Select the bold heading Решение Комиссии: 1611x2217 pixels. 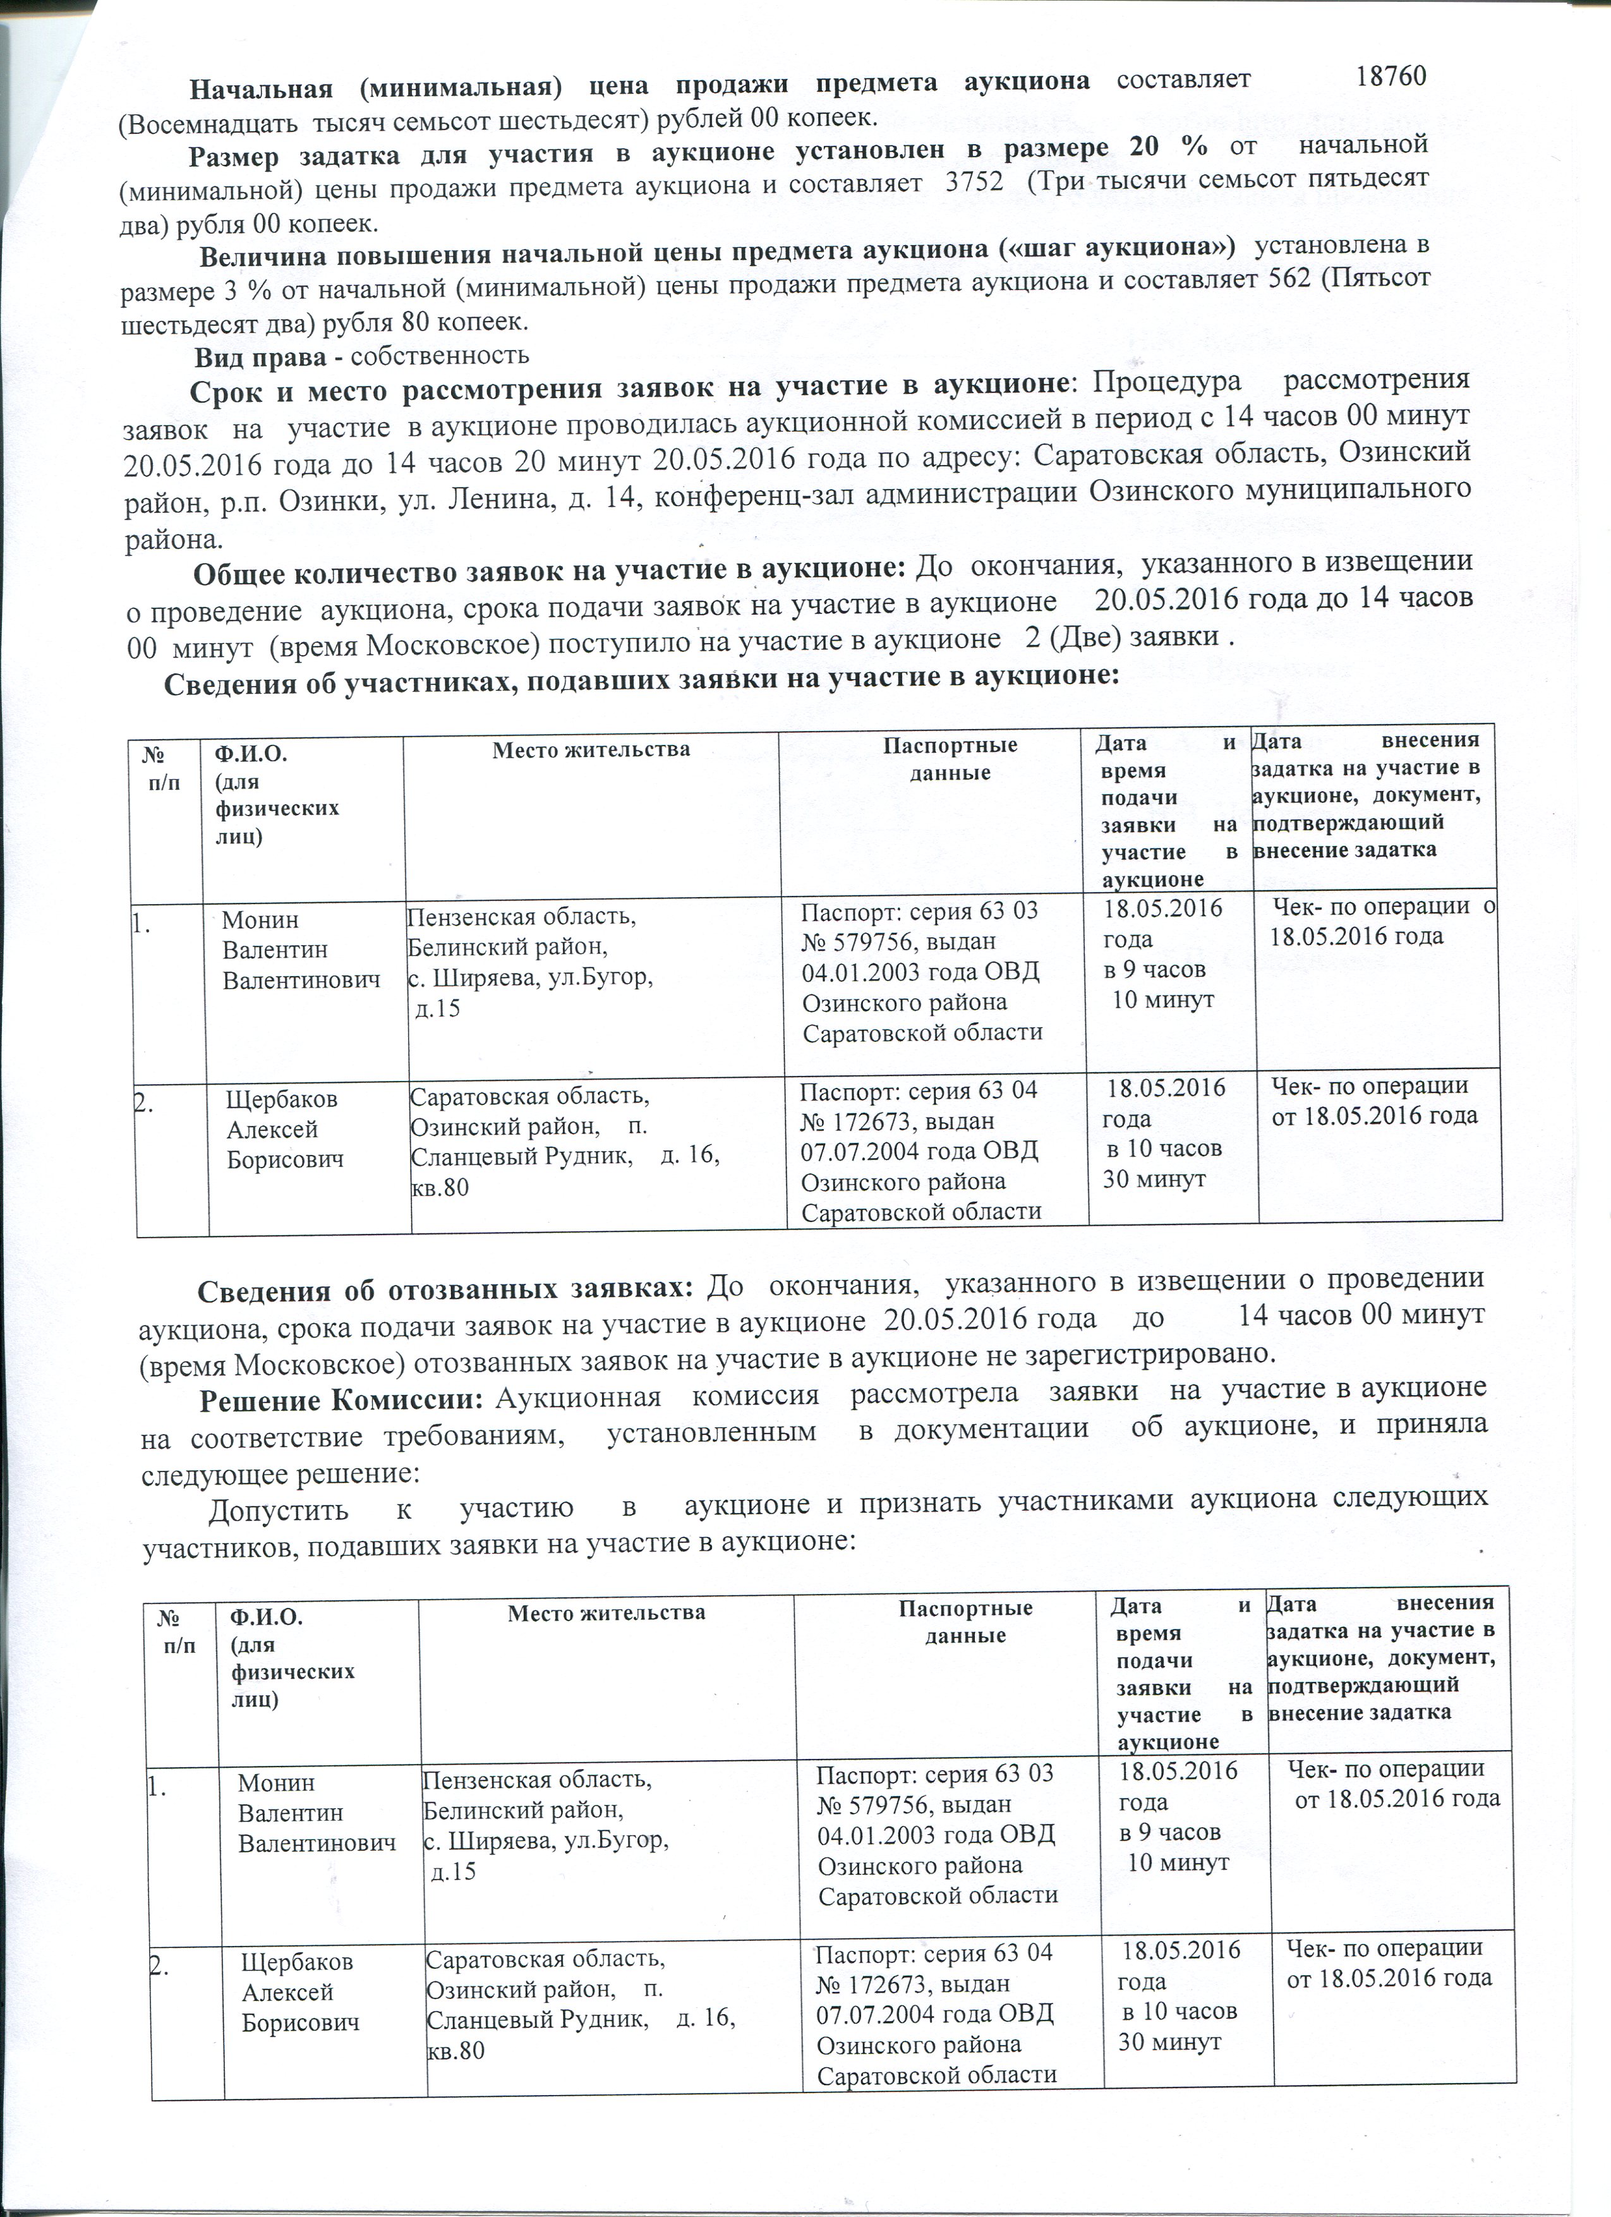[342, 1389]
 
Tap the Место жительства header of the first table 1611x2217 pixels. [591, 751]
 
